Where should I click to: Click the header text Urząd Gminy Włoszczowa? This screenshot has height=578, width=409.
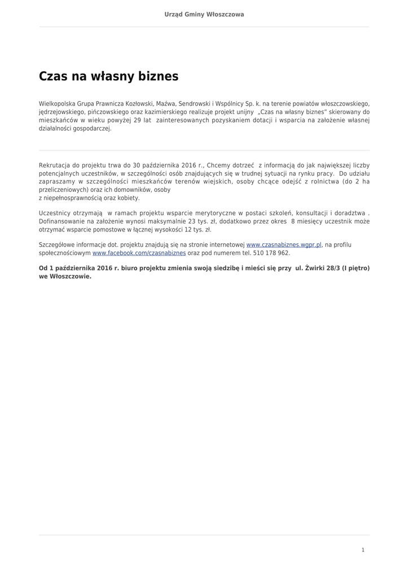click(204, 15)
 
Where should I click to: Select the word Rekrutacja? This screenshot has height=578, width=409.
click(55, 165)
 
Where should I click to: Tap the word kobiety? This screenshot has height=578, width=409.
click(129, 198)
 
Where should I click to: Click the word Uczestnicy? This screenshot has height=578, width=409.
click(55, 213)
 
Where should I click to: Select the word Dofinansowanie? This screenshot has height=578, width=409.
click(62, 222)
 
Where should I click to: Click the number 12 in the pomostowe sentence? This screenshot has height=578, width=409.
click(188, 230)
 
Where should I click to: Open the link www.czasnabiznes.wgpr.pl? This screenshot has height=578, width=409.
click(284, 245)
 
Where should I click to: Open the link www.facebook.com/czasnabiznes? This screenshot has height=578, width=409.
click(139, 253)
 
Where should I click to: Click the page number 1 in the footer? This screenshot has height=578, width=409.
click(363, 550)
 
